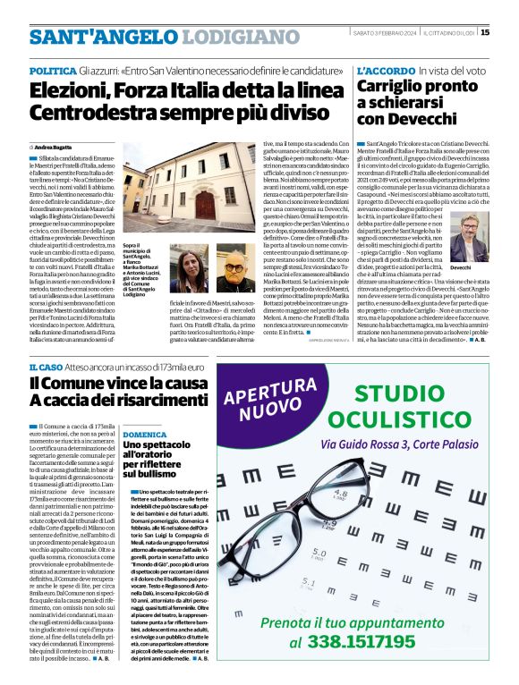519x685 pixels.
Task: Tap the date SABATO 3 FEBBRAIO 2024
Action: coord(384,33)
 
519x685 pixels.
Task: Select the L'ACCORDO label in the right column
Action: coord(384,70)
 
